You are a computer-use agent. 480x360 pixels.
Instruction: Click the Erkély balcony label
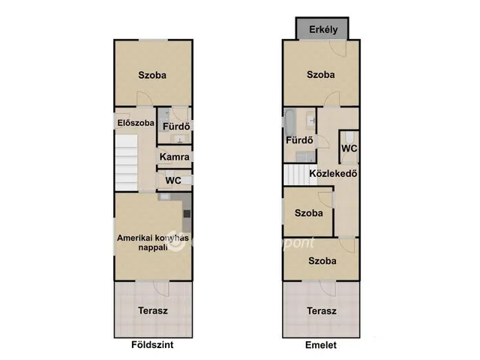point(323,30)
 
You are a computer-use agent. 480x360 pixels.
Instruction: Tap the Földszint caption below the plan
point(152,345)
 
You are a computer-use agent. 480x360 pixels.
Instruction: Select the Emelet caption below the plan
point(321,345)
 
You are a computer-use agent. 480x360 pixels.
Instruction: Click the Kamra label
point(175,157)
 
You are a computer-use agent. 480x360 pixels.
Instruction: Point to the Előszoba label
point(136,123)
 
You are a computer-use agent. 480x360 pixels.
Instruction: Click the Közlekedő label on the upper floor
point(333,173)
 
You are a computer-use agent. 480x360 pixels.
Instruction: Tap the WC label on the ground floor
point(173,181)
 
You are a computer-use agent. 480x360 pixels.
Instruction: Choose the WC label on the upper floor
point(349,148)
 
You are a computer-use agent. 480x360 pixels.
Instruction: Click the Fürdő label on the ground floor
point(176,126)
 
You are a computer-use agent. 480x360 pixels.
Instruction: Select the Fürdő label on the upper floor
point(299,140)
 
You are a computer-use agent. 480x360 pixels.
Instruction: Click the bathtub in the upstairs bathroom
point(289,122)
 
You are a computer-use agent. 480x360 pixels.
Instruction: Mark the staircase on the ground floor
point(127,163)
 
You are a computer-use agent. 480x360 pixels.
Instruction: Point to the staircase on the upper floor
point(295,175)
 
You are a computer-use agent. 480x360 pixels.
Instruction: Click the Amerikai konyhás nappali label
point(153,242)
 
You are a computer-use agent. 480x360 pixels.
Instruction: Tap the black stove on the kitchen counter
point(187,214)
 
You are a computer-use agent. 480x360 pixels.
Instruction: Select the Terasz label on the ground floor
point(153,310)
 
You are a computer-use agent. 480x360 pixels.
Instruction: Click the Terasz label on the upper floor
point(322,311)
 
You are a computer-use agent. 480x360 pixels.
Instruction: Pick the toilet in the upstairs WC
point(349,137)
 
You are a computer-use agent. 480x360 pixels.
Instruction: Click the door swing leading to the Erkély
point(338,49)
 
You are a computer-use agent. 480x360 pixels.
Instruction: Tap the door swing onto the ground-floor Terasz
point(162,289)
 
